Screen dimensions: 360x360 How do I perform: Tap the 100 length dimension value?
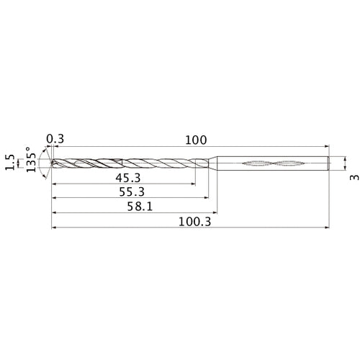pos(195,140)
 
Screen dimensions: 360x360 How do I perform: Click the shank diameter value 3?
pos(353,177)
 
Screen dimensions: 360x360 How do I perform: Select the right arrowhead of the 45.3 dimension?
pos(193,184)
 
